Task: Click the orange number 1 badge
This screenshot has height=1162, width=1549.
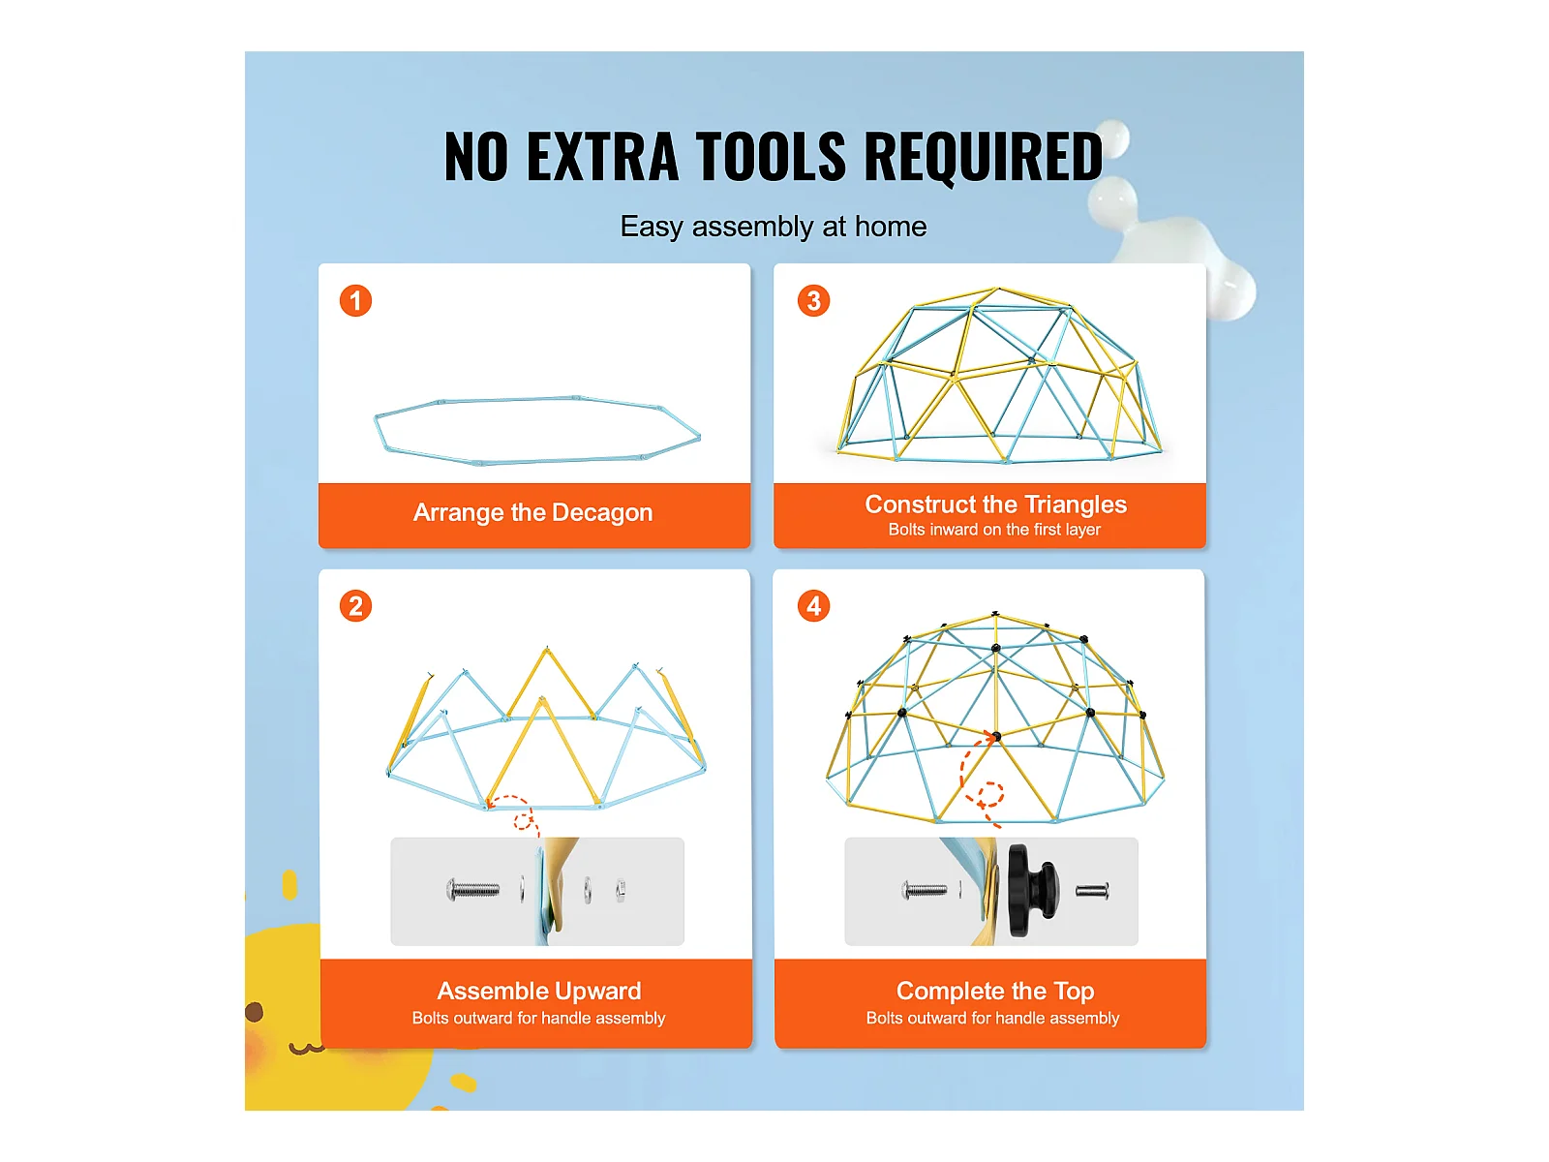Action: point(355,300)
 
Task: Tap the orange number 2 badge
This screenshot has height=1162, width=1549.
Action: point(355,605)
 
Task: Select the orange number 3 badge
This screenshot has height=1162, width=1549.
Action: point(813,300)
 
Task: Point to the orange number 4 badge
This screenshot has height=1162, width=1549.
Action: point(813,605)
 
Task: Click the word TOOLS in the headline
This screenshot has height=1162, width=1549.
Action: point(771,157)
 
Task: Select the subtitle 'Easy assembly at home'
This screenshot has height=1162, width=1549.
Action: point(773,228)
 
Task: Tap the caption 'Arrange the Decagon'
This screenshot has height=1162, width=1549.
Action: point(532,512)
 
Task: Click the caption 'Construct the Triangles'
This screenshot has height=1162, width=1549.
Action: point(995,504)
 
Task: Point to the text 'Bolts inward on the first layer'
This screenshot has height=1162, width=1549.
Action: point(993,529)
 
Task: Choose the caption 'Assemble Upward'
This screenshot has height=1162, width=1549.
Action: point(538,991)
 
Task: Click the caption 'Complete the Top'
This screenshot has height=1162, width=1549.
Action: point(994,991)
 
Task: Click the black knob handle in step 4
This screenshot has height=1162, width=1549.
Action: point(1032,890)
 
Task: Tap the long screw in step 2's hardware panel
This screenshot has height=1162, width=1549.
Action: point(472,890)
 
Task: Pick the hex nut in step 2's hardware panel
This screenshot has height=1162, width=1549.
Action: point(621,890)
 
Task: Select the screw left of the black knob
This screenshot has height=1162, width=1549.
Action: point(924,891)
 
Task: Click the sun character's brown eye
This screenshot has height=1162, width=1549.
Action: point(254,1012)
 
